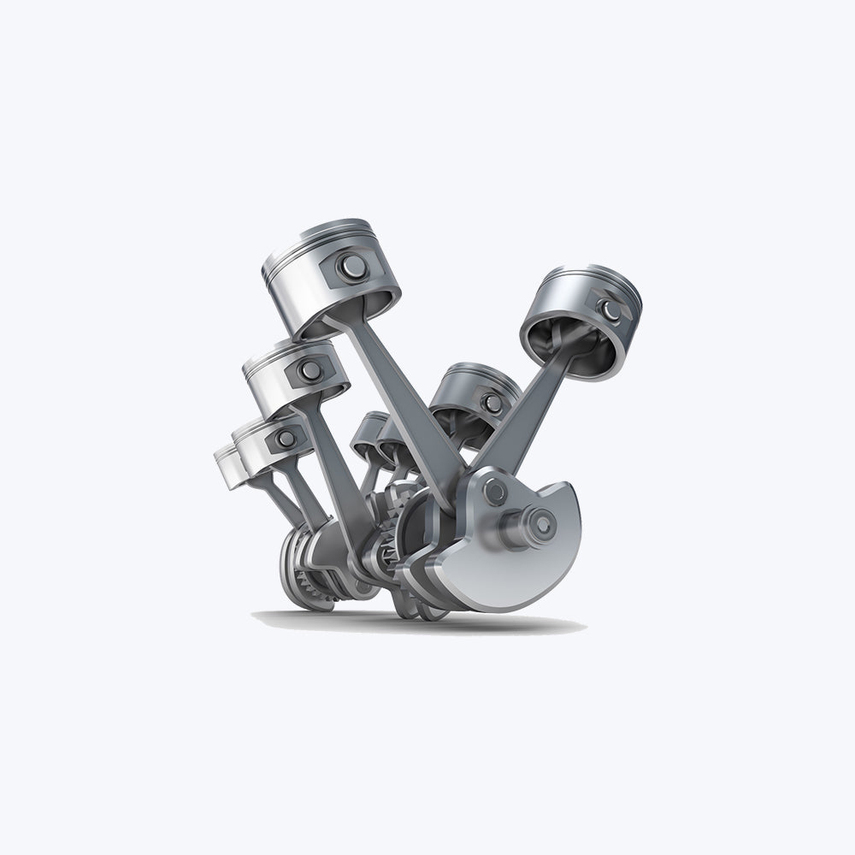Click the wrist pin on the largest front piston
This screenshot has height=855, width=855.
pos(351,268)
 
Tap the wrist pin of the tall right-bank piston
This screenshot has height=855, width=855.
pos(610,310)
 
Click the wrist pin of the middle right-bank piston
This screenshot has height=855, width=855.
pos(492,404)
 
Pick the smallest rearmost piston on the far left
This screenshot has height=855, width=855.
pos(227,467)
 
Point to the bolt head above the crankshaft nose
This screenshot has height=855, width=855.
pos(495,491)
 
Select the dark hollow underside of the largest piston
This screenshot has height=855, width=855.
pos(359,312)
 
